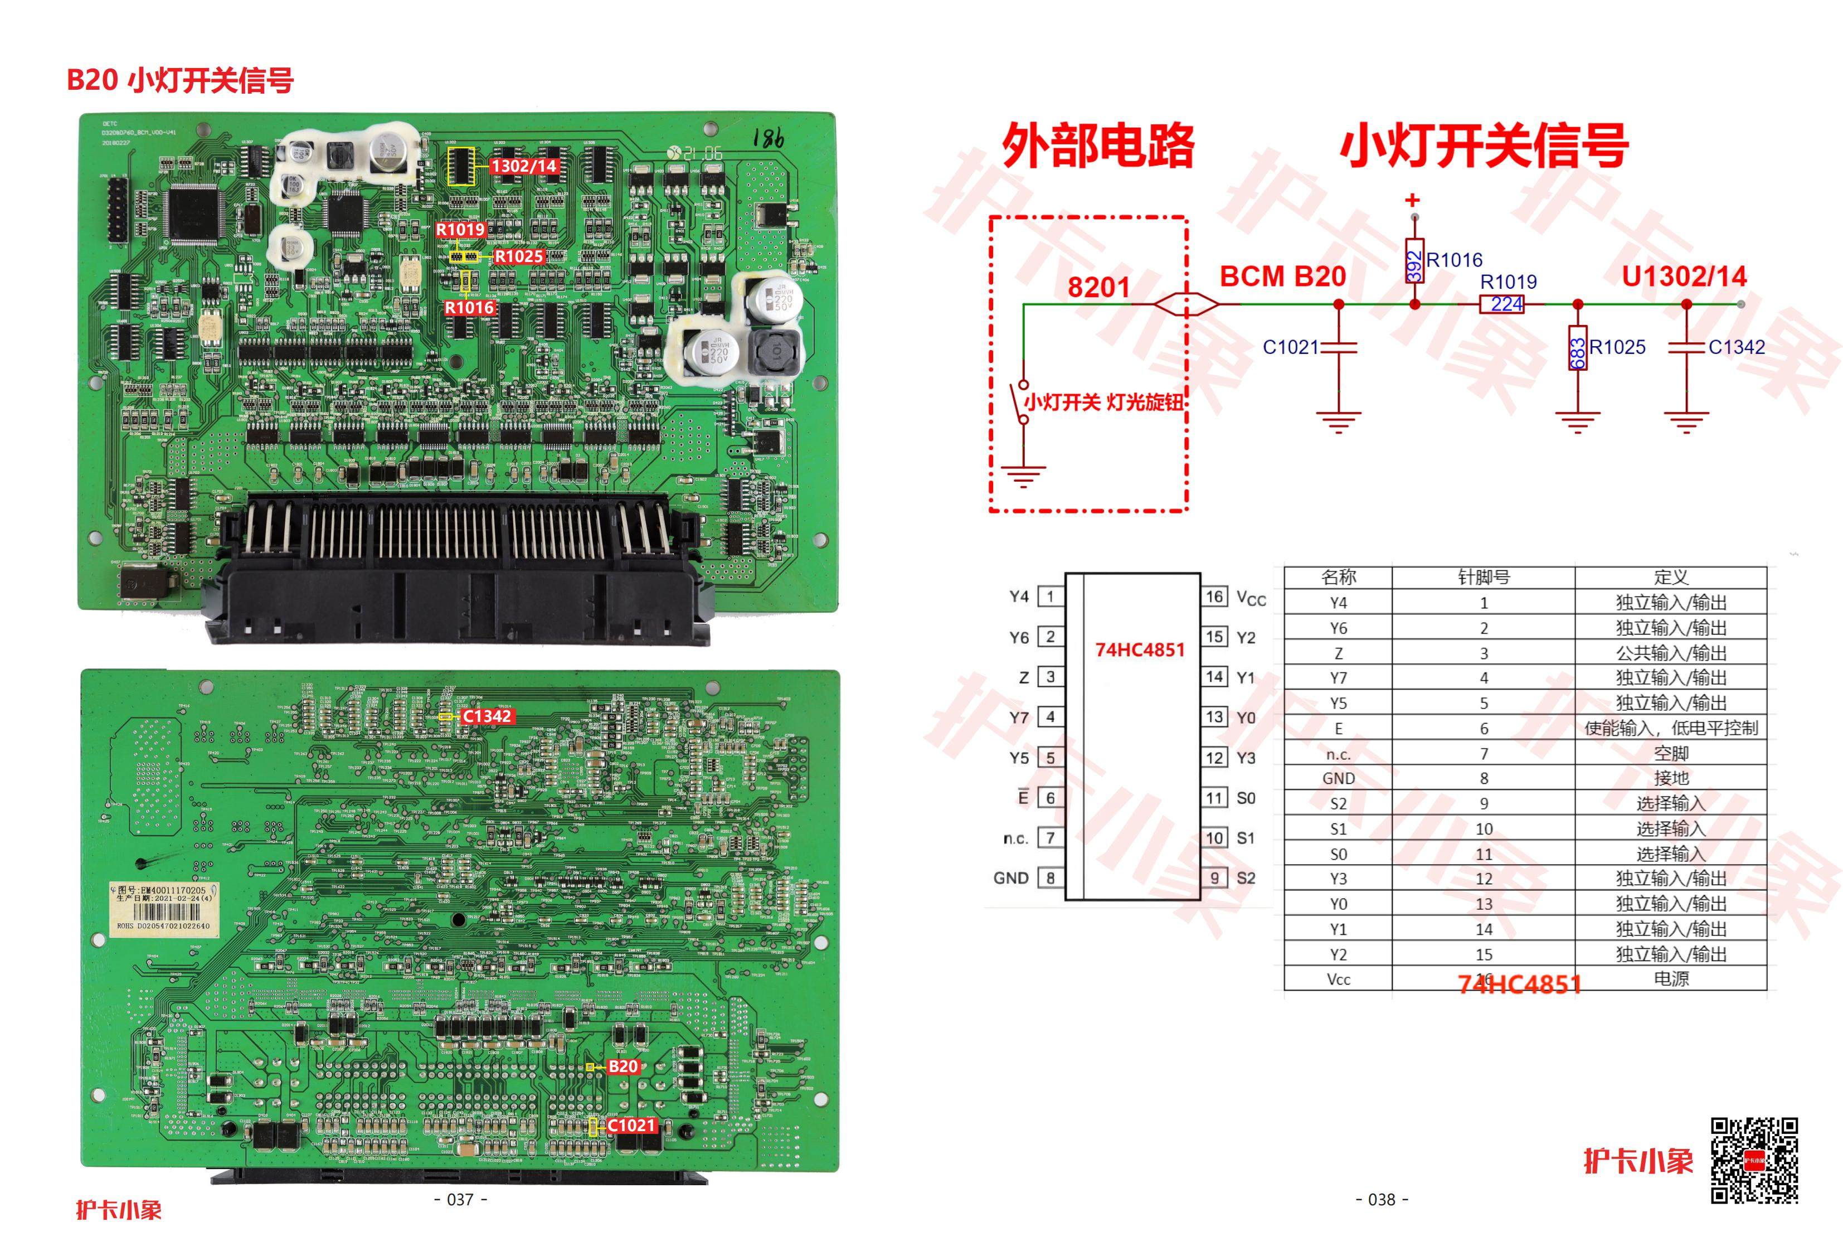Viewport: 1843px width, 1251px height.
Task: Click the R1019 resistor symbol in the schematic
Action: coord(1501,304)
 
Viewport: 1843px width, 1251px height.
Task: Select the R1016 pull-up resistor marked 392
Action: coord(1415,260)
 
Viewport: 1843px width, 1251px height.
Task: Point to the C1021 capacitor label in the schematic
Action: coord(1290,347)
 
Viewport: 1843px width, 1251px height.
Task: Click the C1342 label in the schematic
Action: coord(1737,347)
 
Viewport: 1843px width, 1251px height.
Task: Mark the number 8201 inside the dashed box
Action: coord(1098,287)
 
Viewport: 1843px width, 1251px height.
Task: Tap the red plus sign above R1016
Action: coord(1412,200)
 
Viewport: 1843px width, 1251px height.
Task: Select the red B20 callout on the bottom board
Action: coord(623,1066)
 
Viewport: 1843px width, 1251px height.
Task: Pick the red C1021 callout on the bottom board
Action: coord(631,1125)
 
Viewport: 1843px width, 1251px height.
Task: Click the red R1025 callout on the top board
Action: coord(519,256)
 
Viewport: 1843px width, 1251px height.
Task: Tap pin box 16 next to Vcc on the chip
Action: coord(1214,597)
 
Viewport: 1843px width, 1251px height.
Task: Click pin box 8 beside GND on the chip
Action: coord(1051,878)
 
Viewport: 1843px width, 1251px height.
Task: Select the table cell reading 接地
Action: coord(1670,778)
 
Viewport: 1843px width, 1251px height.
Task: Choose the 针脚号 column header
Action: coord(1483,578)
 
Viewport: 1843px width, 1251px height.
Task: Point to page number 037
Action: coord(461,1200)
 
